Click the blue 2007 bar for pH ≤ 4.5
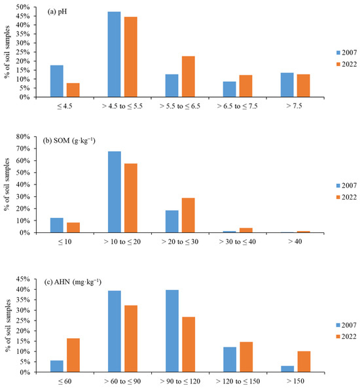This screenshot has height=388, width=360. (x=57, y=81)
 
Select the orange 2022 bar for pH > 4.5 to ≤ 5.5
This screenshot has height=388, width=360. (x=130, y=57)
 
